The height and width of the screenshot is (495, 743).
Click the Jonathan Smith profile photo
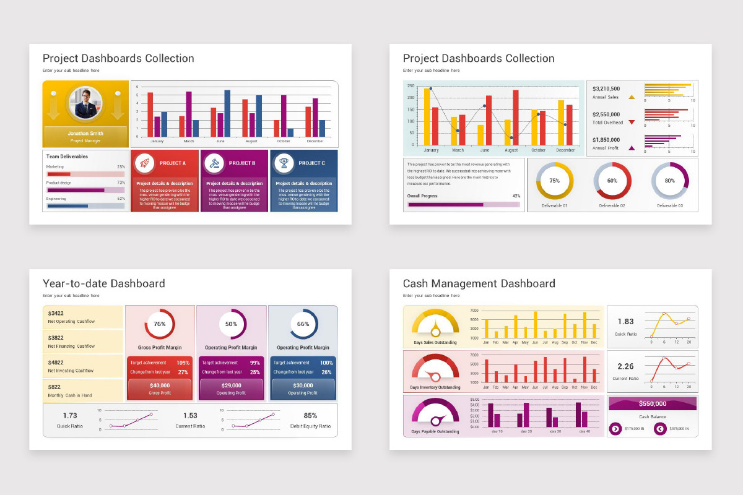tap(85, 103)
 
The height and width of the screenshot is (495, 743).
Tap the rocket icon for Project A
tap(145, 163)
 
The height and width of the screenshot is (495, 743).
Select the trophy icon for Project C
tap(284, 163)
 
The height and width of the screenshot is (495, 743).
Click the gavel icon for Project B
tap(214, 163)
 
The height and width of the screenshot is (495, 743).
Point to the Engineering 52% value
tap(121, 199)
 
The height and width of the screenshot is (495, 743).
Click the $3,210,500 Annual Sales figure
tap(606, 89)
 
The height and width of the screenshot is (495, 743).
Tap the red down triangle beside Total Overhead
tap(632, 123)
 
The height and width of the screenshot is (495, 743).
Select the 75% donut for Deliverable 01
tap(555, 181)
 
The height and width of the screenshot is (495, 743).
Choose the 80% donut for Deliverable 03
tap(670, 181)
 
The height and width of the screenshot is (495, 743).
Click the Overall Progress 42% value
tap(516, 196)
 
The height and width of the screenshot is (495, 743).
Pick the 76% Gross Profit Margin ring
tap(160, 324)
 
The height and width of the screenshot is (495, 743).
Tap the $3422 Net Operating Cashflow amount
tap(56, 314)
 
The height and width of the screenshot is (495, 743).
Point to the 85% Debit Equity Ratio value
tap(310, 416)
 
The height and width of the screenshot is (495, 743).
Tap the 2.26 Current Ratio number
tap(625, 366)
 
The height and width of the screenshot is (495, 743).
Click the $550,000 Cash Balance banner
tap(653, 403)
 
